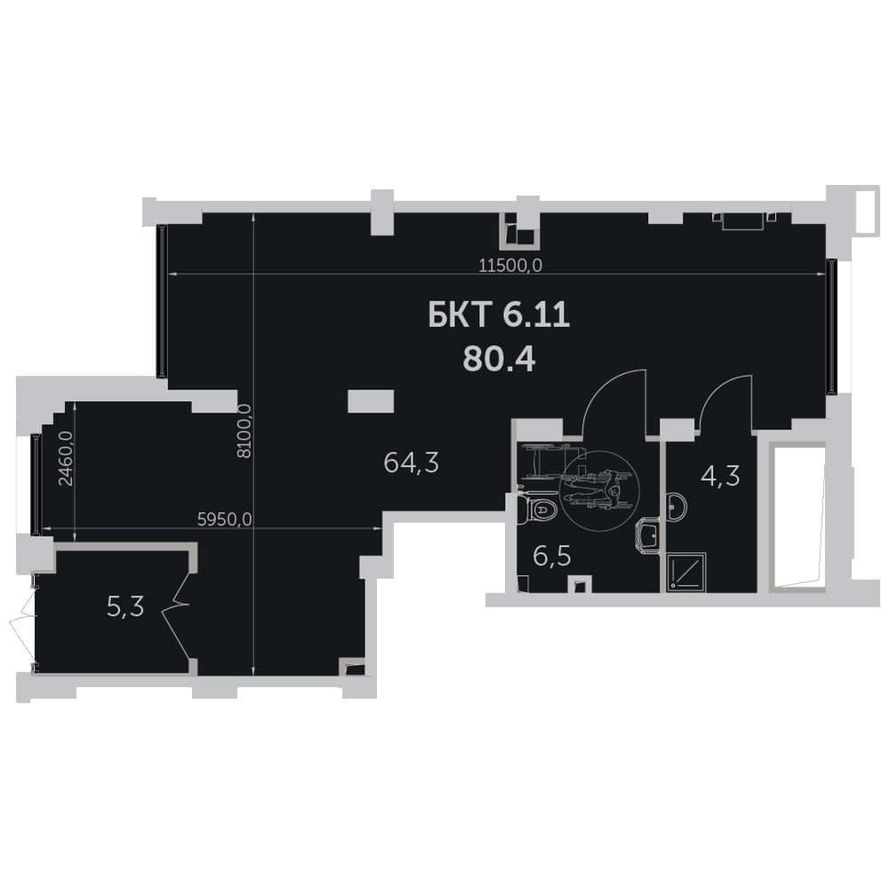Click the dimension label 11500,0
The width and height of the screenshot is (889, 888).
[510, 265]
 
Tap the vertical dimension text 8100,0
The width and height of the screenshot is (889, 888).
[244, 430]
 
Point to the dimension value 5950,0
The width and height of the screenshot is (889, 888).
[225, 519]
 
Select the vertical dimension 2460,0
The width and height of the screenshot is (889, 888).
[66, 458]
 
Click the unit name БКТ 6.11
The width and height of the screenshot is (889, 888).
[499, 316]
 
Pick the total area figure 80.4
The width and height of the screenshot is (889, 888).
[499, 358]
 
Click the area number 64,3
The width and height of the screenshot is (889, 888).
[411, 463]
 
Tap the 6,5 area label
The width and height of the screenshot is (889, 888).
[552, 556]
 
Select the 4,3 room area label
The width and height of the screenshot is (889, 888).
[720, 476]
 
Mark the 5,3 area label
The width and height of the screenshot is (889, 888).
[125, 607]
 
